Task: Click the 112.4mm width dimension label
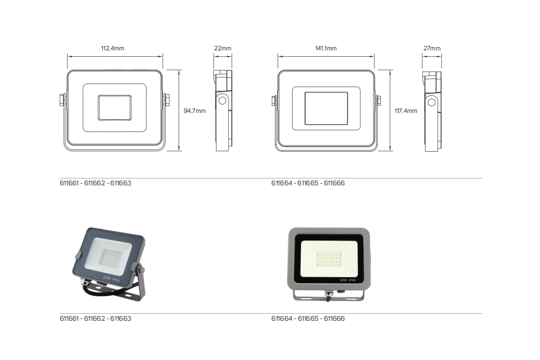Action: point(112,48)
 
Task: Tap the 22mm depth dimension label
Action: point(223,48)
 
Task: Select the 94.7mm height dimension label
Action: point(194,111)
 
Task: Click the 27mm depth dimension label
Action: point(432,48)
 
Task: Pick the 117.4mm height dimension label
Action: point(405,111)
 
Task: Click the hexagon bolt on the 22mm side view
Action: point(222,101)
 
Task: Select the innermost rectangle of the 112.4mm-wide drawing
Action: point(115,107)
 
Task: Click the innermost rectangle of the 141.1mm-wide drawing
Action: point(326,108)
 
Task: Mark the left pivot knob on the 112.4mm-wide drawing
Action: point(62,100)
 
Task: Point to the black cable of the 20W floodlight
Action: point(97,294)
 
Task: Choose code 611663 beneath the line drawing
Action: point(121,184)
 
